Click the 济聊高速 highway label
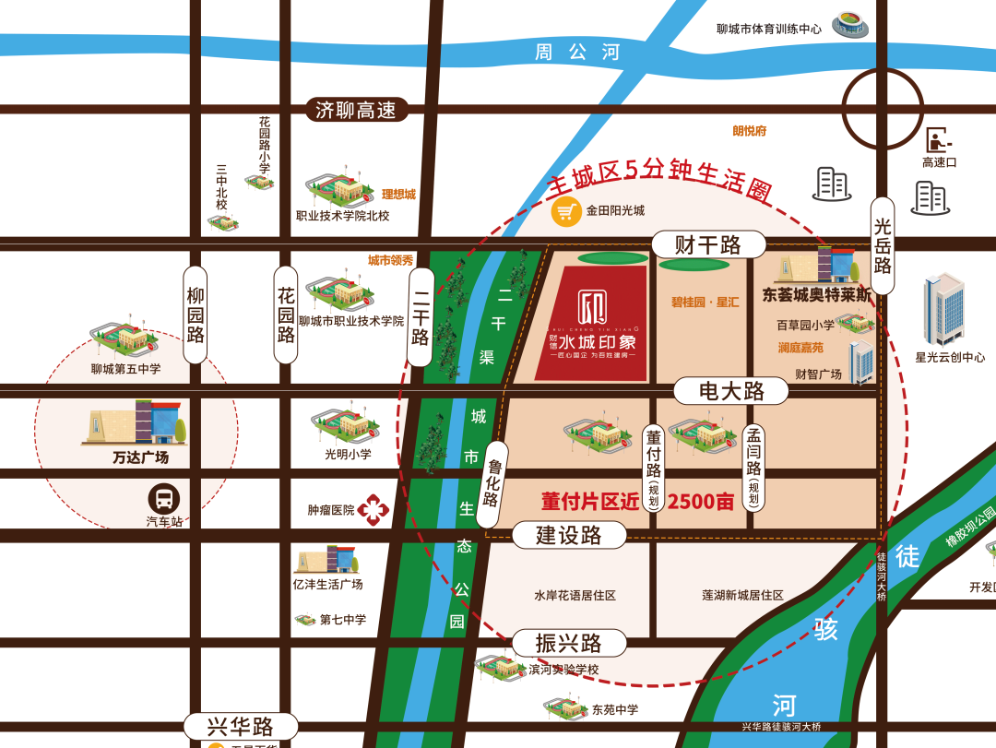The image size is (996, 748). click(356, 111)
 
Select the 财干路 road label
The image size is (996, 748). click(708, 244)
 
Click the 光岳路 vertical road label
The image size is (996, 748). click(883, 245)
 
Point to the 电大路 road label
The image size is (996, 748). click(731, 391)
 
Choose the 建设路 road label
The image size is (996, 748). click(569, 535)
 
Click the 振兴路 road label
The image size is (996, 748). click(569, 643)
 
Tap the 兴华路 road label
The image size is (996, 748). click(241, 726)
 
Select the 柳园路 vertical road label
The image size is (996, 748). click(196, 315)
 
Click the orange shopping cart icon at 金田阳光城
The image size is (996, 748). click(566, 211)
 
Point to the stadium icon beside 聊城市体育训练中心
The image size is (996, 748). click(849, 26)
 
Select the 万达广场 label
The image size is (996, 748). click(141, 457)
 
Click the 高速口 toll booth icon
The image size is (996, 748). click(939, 140)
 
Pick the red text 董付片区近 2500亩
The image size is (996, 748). click(638, 502)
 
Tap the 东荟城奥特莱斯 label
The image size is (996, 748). click(817, 296)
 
